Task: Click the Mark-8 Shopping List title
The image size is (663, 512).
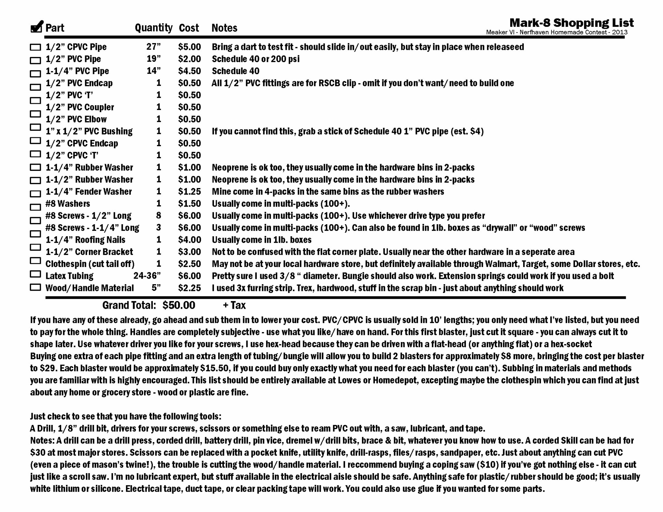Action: (571, 23)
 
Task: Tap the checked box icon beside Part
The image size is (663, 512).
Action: (37, 27)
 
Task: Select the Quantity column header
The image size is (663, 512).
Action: (153, 28)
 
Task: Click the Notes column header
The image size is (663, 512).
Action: (224, 28)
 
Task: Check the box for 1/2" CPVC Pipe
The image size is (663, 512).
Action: (35, 47)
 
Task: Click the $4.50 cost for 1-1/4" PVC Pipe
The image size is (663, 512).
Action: (189, 71)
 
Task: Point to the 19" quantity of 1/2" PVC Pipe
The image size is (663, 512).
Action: (153, 59)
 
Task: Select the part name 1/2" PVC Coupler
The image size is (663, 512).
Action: (80, 107)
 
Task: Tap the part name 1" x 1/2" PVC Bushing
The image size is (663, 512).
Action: (89, 131)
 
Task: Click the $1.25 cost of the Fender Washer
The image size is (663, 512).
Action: (189, 192)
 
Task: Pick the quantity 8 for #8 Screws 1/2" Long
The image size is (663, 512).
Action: (158, 216)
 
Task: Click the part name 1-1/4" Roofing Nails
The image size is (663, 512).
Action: (85, 240)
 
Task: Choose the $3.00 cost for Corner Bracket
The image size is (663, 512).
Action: (189, 252)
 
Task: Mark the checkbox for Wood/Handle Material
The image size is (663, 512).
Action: (35, 287)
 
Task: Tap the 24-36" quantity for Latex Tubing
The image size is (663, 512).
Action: (147, 276)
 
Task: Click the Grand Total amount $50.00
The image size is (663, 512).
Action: (179, 305)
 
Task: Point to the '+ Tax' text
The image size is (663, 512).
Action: (234, 305)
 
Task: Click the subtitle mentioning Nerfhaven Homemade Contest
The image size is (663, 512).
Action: (556, 32)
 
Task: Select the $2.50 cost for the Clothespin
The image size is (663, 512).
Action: (189, 264)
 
